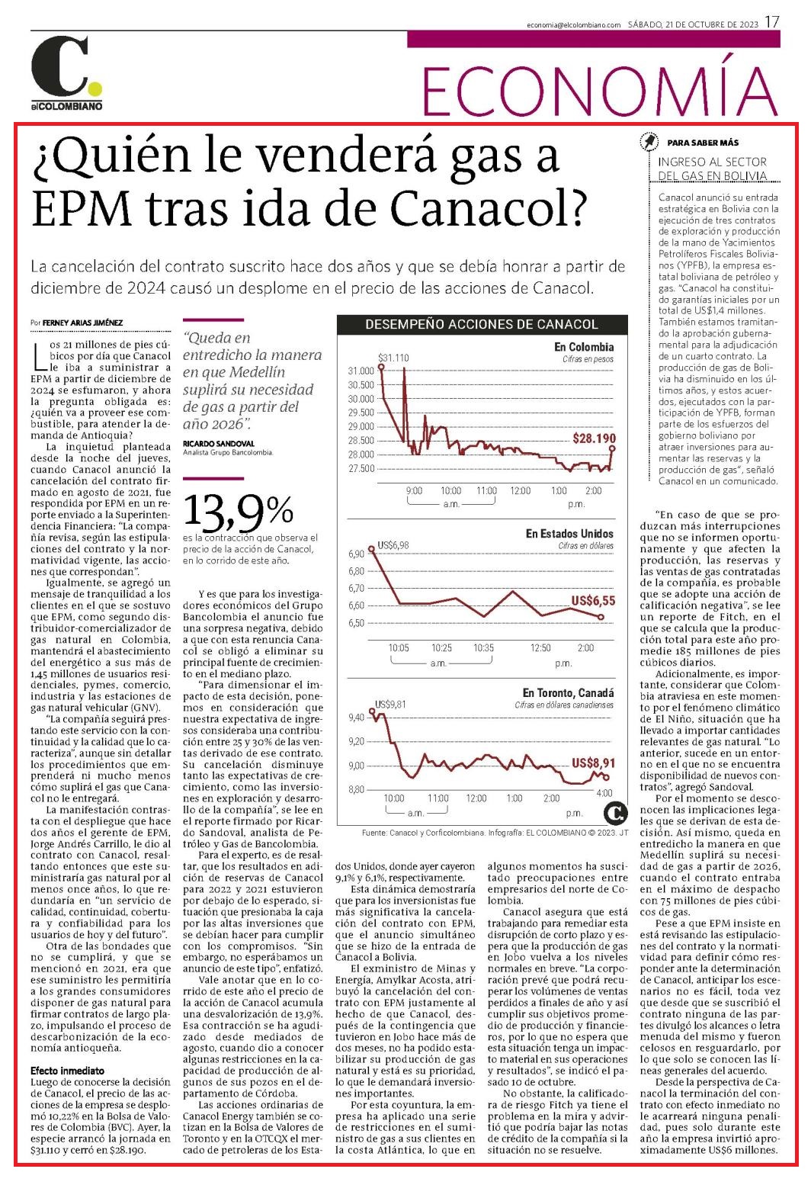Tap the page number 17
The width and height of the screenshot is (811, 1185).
click(x=772, y=22)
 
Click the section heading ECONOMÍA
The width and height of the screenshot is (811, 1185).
click(x=600, y=90)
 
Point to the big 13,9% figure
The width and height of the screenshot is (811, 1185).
click(x=238, y=512)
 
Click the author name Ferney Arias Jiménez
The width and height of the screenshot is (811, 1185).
click(x=82, y=322)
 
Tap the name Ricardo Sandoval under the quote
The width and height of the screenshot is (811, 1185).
click(x=218, y=443)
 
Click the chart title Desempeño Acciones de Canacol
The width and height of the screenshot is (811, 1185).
click(x=482, y=324)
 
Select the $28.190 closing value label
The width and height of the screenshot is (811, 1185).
click(x=595, y=438)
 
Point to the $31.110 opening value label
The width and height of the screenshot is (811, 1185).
click(x=393, y=358)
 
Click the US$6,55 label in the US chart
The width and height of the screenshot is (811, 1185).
click(x=593, y=600)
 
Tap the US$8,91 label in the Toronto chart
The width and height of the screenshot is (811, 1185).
click(x=594, y=763)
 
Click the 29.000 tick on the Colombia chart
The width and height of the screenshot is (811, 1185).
click(x=361, y=427)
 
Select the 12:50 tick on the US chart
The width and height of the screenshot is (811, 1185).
click(x=540, y=648)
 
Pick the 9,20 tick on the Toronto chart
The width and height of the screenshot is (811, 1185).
click(x=356, y=741)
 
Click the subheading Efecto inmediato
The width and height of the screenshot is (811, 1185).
click(x=67, y=1071)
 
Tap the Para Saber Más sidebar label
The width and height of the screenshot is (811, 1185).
click(x=703, y=143)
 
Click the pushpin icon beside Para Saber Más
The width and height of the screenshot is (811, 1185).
click(x=649, y=142)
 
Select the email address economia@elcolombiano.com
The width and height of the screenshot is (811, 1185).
click(x=574, y=24)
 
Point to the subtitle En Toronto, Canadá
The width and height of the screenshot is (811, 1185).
click(x=569, y=693)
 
